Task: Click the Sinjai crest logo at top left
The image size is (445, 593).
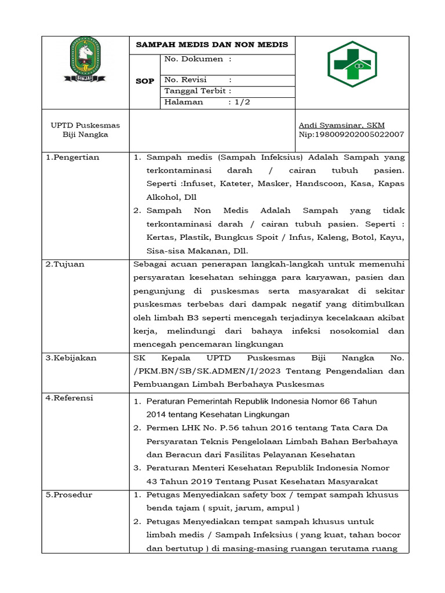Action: coord(85,60)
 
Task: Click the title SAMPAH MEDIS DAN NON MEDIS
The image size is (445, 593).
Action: coord(211,45)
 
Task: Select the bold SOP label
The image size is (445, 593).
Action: coord(144,81)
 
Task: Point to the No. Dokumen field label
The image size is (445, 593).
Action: coord(198,59)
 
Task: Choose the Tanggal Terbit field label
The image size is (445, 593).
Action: coord(198,91)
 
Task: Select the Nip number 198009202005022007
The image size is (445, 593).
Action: coord(351,134)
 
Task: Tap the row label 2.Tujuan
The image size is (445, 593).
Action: coord(65,264)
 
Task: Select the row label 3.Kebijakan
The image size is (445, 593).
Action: coord(71,358)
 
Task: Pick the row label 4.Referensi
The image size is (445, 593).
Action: coord(69,398)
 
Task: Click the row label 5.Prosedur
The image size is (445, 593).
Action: coord(69,495)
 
